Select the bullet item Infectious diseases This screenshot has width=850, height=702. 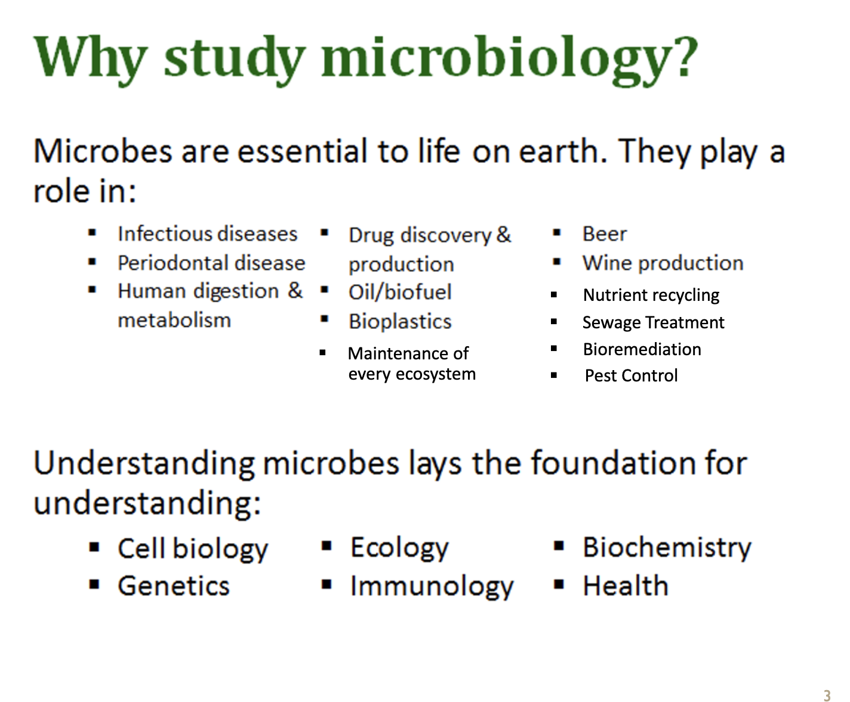point(208,234)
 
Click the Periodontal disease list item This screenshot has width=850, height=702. point(211,263)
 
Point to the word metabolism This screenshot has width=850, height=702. point(174,320)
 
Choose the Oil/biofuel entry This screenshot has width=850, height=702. point(400,292)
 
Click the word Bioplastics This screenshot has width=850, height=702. point(400,322)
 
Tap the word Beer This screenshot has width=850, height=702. point(605,234)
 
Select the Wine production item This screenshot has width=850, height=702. point(663,263)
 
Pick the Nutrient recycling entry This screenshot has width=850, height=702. point(651,295)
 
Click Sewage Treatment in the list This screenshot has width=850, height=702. point(654,322)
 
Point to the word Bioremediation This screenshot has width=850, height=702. point(642,349)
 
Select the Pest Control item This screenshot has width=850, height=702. point(631,375)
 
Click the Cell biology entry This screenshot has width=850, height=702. point(193,549)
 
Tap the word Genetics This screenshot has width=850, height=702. point(174,586)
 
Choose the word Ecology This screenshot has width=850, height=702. point(399,548)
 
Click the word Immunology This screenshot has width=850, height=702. point(432,586)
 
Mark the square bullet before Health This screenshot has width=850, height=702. point(559,584)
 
